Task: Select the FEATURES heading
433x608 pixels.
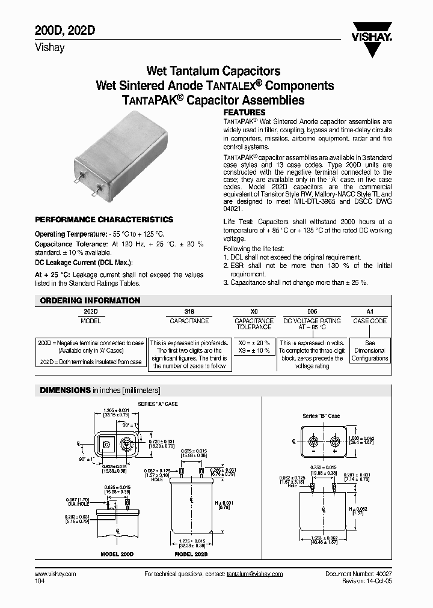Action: tap(244, 112)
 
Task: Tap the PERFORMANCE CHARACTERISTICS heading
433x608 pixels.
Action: tap(104, 220)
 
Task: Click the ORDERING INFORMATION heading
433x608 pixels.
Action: tap(90, 300)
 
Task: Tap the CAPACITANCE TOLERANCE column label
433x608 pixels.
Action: tap(253, 324)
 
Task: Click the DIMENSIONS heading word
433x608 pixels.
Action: tap(65, 390)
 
